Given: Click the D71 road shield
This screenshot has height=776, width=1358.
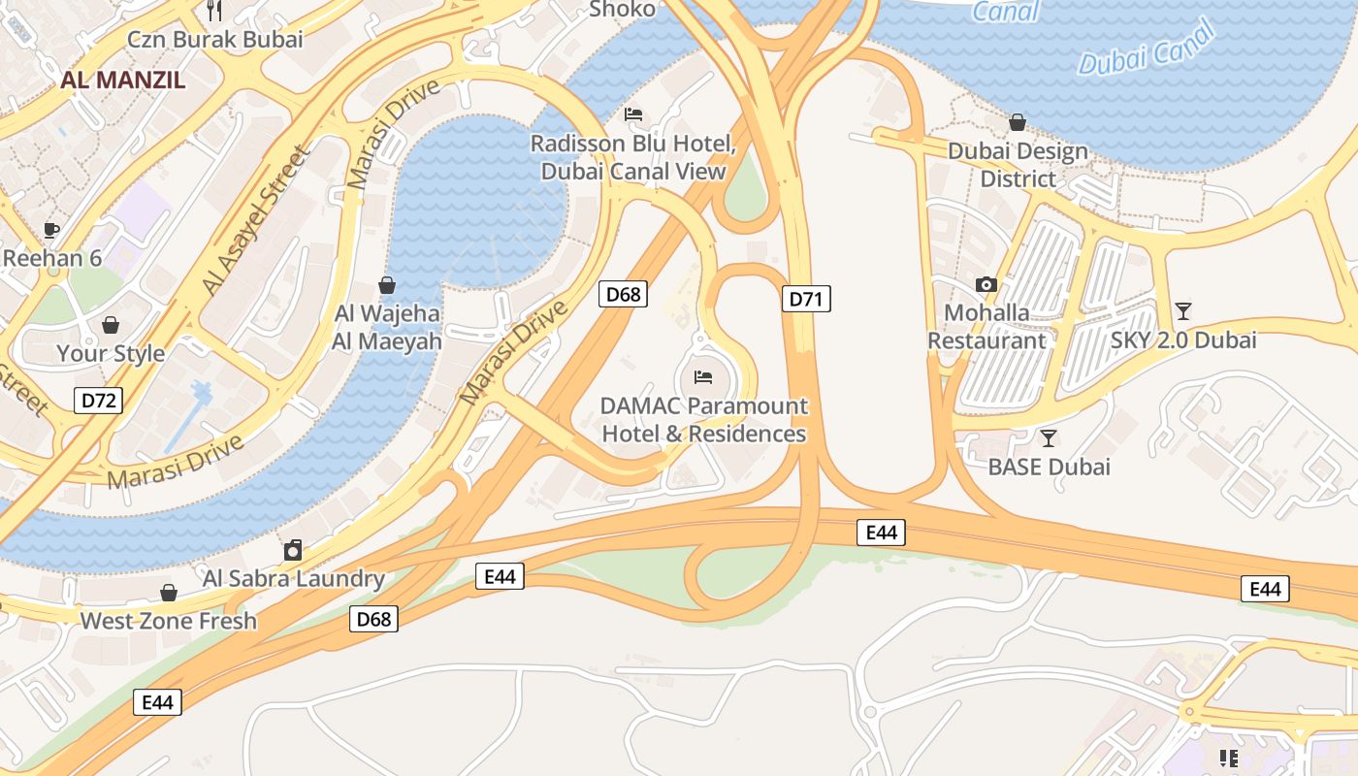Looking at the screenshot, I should tap(805, 299).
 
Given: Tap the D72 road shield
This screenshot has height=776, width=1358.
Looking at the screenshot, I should tap(99, 400).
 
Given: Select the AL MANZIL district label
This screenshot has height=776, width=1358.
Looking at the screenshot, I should tap(122, 80).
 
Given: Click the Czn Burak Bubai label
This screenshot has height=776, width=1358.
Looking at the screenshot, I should tap(215, 40).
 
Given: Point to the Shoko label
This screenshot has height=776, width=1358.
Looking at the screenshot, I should tap(623, 10).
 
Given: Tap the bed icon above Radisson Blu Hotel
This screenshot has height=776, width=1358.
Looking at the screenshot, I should tap(633, 114).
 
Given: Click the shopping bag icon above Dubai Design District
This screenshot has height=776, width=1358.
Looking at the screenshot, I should tap(1018, 122).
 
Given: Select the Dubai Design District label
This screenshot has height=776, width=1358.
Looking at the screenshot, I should tap(1018, 165).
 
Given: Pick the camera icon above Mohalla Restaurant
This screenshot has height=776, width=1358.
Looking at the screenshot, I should tap(986, 284).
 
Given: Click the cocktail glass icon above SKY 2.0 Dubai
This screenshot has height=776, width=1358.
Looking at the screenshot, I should tap(1182, 310).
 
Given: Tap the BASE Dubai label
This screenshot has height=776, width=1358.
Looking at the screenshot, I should tap(1049, 467).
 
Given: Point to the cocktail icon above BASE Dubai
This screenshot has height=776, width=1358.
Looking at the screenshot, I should tap(1048, 437).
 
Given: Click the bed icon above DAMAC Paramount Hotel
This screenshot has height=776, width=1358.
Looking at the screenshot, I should tap(703, 376).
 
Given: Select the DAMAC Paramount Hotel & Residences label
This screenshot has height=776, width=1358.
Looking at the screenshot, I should tap(704, 419).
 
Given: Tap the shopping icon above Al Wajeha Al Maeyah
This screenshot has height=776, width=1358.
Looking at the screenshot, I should tap(387, 285).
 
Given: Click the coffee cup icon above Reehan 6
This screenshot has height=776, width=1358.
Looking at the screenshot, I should tap(51, 230).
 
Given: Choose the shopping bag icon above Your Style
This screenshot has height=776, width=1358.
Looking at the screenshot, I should tap(111, 324).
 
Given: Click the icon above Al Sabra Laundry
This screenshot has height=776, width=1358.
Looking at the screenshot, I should tap(293, 550).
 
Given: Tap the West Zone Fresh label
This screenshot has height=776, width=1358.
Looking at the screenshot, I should tap(169, 621).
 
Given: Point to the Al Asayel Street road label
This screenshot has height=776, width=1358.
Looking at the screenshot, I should tap(253, 222).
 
